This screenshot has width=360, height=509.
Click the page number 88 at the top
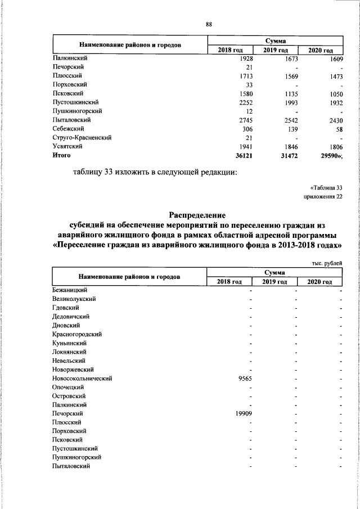click(x=209, y=24)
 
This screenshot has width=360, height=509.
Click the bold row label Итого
click(x=61, y=155)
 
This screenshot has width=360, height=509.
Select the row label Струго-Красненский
click(x=82, y=137)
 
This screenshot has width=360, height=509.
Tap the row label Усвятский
click(x=67, y=146)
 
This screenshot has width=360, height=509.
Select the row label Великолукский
click(x=74, y=299)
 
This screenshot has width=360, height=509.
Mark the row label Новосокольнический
click(x=82, y=379)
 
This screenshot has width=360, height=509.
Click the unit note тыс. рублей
click(x=326, y=263)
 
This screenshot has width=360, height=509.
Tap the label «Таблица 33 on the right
click(x=326, y=187)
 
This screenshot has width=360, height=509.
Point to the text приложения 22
click(x=322, y=197)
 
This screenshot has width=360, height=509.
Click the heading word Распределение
click(x=197, y=215)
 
